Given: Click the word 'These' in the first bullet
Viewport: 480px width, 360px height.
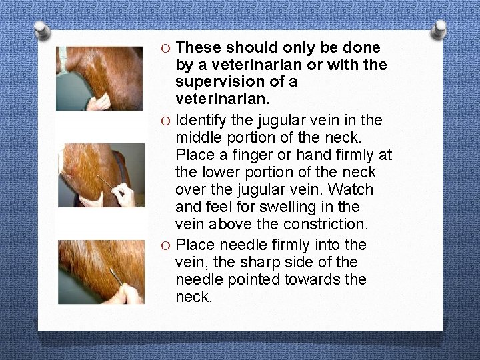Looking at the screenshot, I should (199, 48).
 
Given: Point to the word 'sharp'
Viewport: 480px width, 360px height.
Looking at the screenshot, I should (257, 263).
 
